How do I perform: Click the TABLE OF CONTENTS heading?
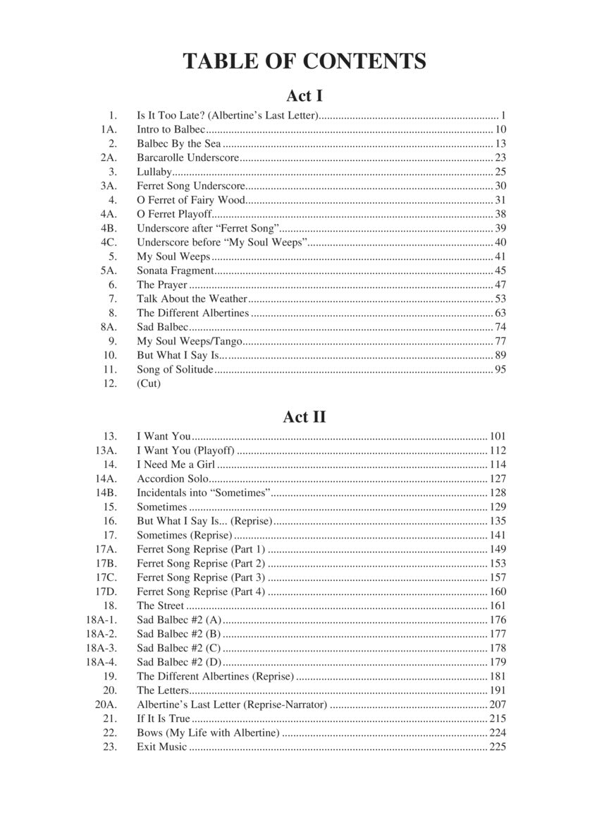pos(304,61)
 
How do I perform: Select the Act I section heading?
pos(304,95)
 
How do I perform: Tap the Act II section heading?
pos(304,416)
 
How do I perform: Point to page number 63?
pos(500,313)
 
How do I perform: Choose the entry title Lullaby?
pos(154,171)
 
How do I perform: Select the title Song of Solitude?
pos(175,369)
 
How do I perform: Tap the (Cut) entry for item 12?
pos(149,383)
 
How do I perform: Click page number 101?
pos(498,436)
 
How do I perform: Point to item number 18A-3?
pos(101,648)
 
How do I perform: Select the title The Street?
pos(160,606)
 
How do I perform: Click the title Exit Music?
pos(162,747)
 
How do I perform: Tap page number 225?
pos(498,747)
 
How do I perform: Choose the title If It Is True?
pos(164,718)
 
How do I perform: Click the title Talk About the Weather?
pos(192,299)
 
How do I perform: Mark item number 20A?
pos(106,704)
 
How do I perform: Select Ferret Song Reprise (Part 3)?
pos(201,577)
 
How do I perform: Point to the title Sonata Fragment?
pos(175,270)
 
